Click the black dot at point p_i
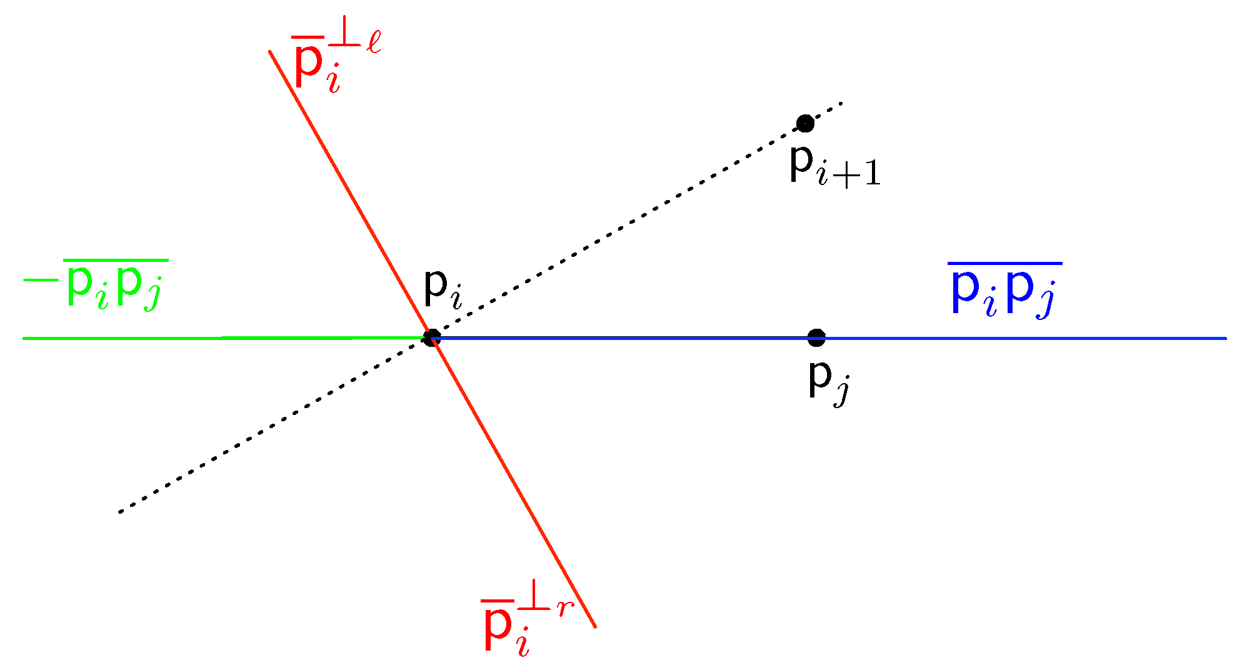[x=431, y=338]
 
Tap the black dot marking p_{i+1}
[x=805, y=123]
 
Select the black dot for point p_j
[x=816, y=338]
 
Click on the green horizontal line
[x=219, y=338]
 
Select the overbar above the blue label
[x=1004, y=264]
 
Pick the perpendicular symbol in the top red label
[x=344, y=37]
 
